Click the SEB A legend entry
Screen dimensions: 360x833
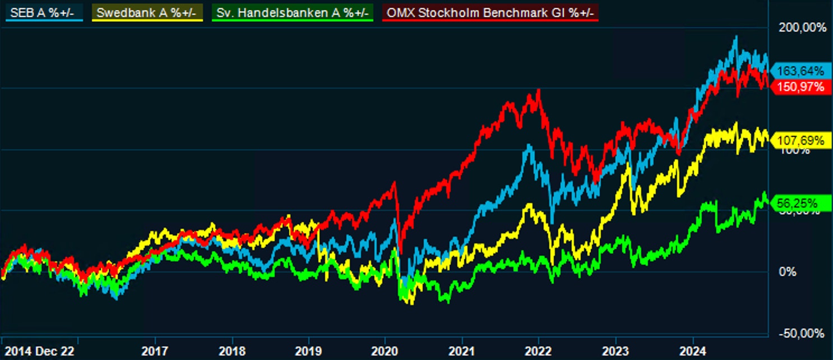tap(44, 11)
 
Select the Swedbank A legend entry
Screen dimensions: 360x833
tap(148, 11)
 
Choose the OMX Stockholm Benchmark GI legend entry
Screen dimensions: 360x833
tap(490, 11)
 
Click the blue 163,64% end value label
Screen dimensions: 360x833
tap(799, 71)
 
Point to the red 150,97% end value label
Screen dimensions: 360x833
tap(799, 87)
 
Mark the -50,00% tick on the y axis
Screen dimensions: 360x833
tap(802, 334)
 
